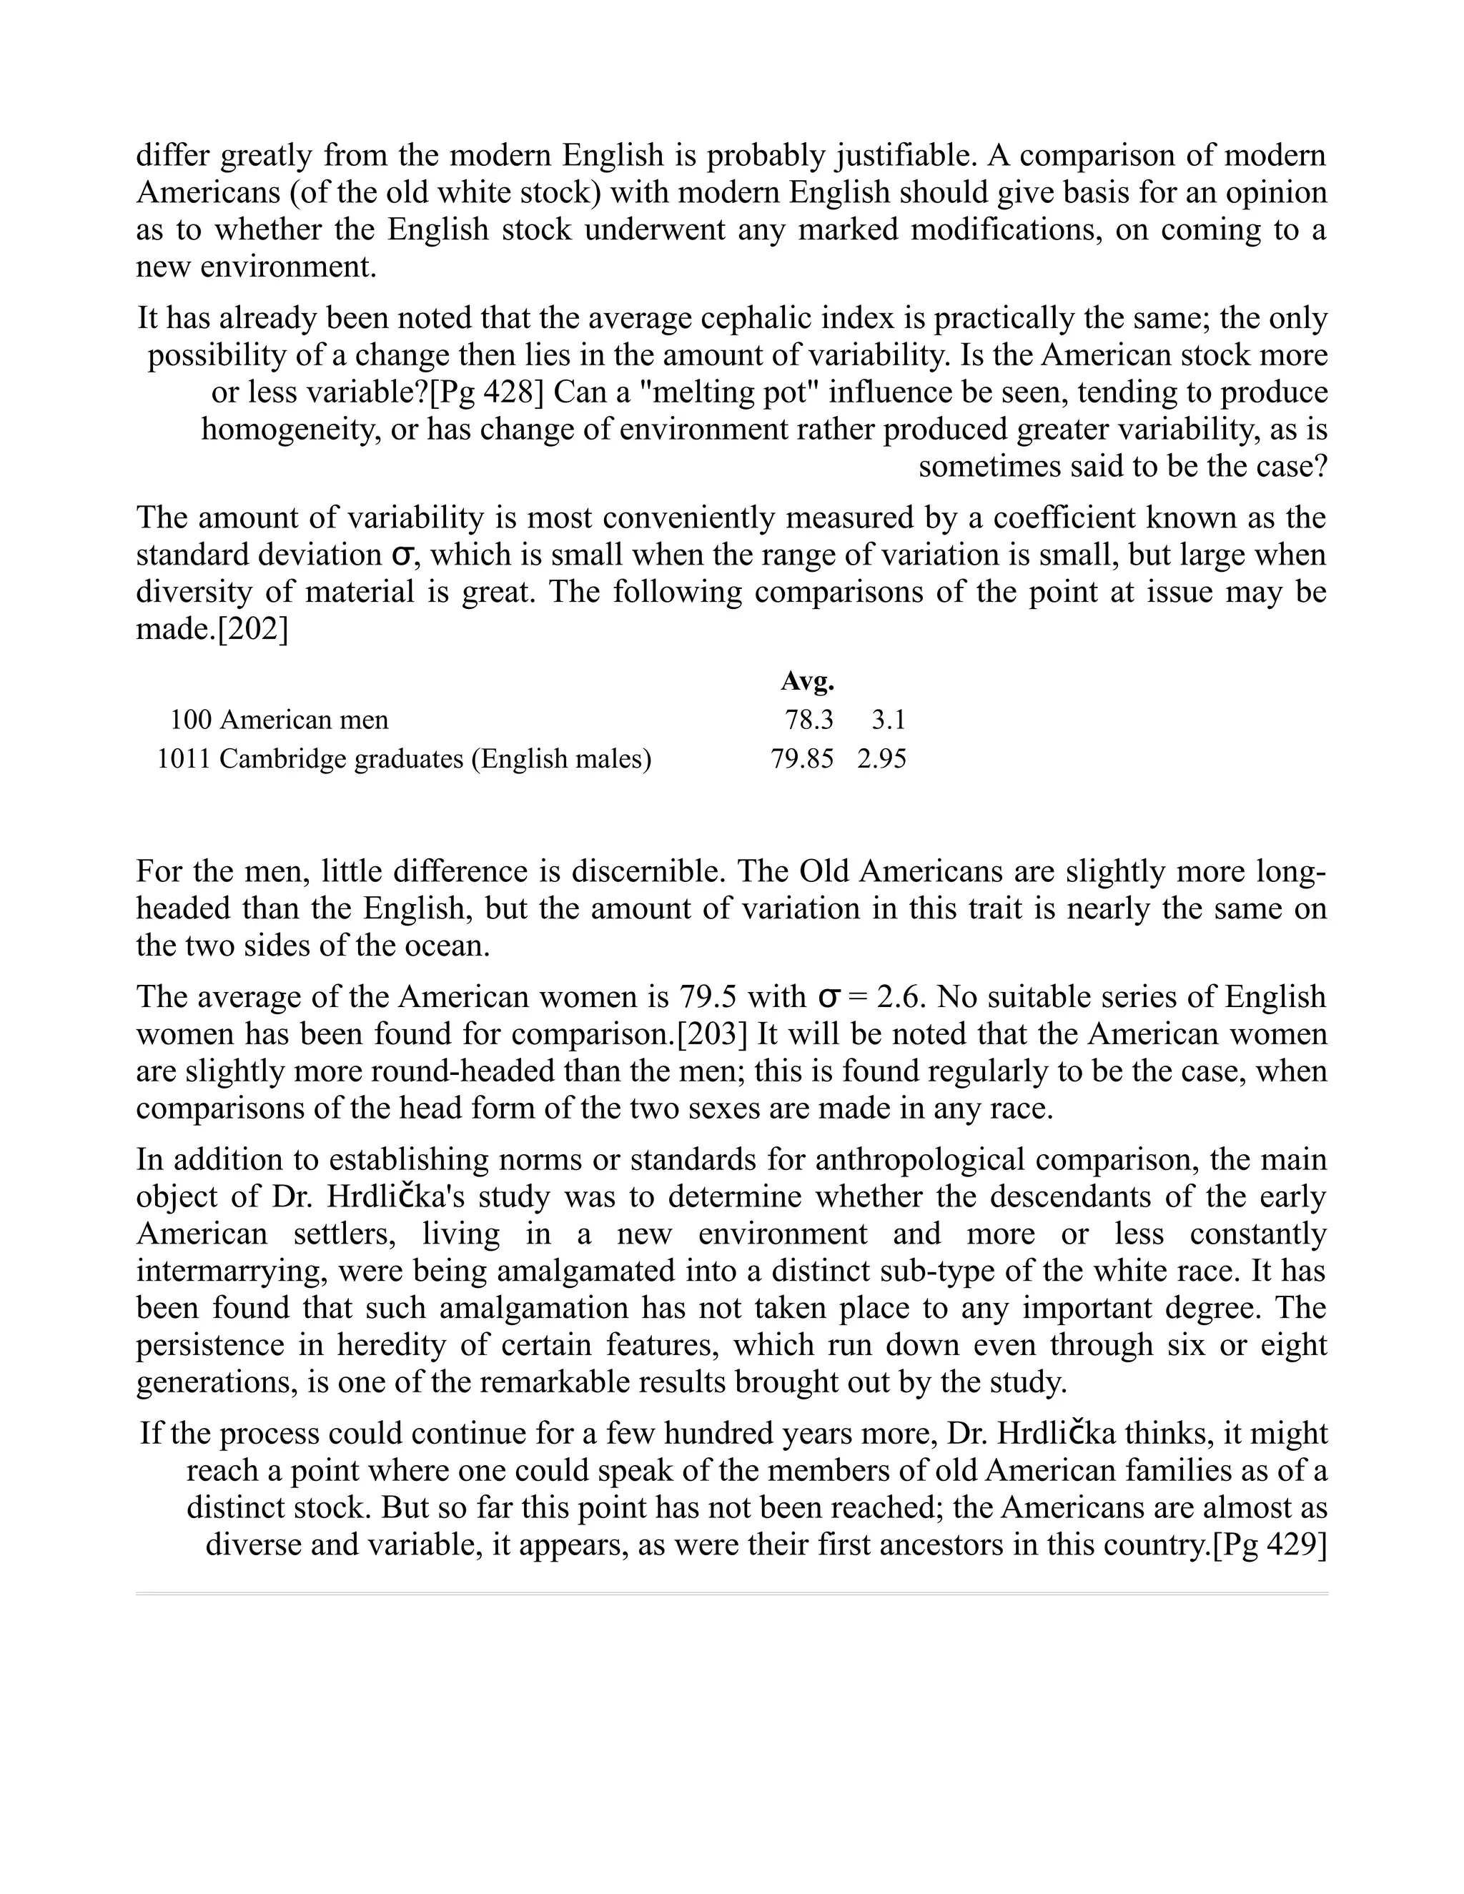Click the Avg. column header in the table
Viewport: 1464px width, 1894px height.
(806, 682)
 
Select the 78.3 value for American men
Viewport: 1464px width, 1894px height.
(808, 720)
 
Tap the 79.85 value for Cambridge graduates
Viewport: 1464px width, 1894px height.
(802, 759)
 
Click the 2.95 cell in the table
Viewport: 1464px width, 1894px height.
(882, 759)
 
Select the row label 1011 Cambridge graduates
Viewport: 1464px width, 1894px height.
(403, 759)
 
